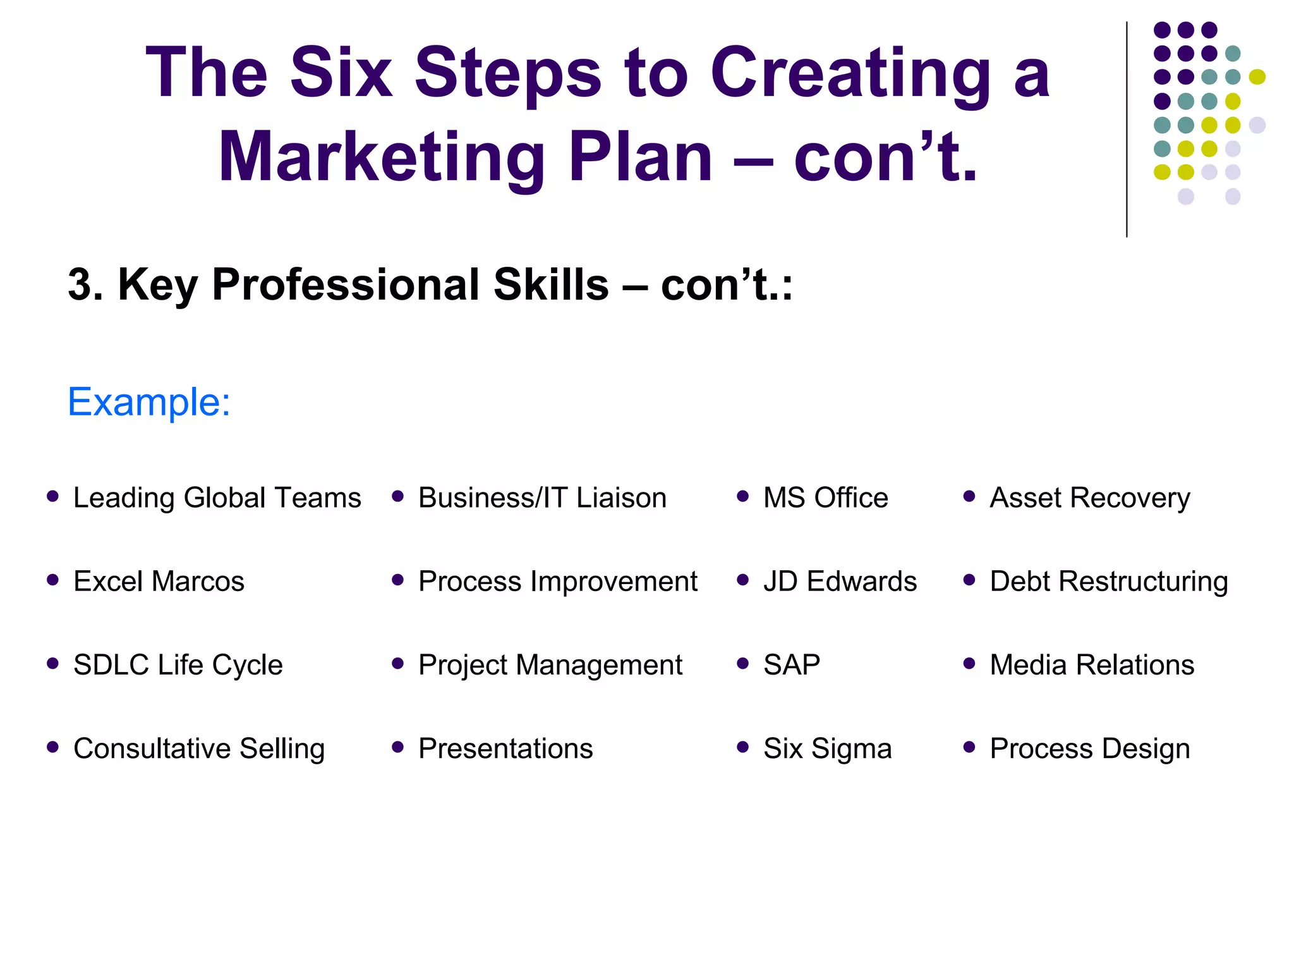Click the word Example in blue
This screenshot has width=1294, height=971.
(148, 402)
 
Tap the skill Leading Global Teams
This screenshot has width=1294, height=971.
(217, 498)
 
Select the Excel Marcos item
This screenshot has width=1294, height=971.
(159, 581)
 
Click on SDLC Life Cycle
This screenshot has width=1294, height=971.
(178, 664)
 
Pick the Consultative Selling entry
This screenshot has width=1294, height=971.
(198, 748)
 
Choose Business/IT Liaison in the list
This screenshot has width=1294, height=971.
(542, 498)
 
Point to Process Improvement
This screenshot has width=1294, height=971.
(557, 581)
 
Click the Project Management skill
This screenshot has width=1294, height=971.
(550, 665)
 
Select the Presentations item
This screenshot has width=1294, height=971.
(505, 748)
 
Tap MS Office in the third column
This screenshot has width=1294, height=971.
(825, 498)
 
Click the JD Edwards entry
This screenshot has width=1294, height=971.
(840, 581)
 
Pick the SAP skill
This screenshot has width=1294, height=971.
(792, 664)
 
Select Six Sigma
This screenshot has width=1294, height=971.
(827, 748)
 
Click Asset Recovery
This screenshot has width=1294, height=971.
(1089, 498)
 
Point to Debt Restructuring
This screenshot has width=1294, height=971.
(1108, 581)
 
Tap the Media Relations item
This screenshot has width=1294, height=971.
(1092, 664)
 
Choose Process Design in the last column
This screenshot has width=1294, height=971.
(1089, 748)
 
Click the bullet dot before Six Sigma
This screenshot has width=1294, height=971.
(742, 747)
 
